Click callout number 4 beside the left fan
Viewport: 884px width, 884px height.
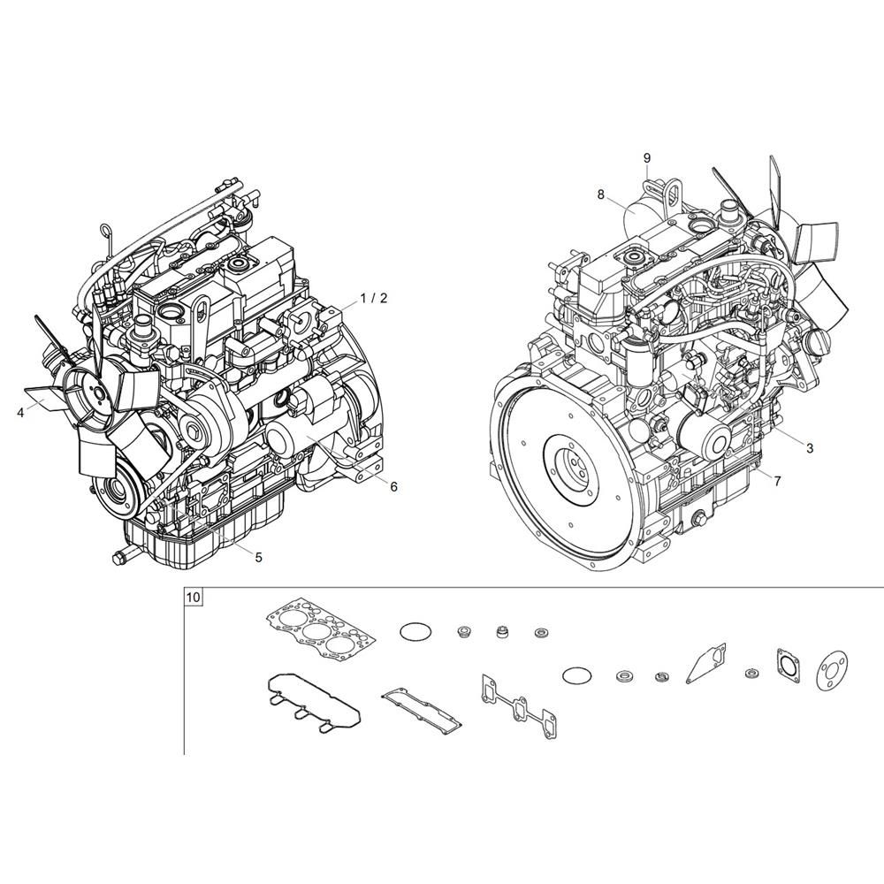[x=21, y=413]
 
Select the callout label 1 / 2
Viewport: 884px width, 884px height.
[x=374, y=298]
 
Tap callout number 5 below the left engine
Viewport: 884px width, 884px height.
[x=258, y=557]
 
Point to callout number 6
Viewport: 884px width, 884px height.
[x=393, y=486]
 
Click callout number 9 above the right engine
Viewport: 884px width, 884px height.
[x=647, y=158]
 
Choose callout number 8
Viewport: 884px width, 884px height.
[x=601, y=194]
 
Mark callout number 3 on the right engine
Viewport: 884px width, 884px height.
[x=810, y=448]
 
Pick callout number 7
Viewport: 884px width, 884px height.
[x=778, y=481]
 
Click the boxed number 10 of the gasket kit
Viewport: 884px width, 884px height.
[x=194, y=597]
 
